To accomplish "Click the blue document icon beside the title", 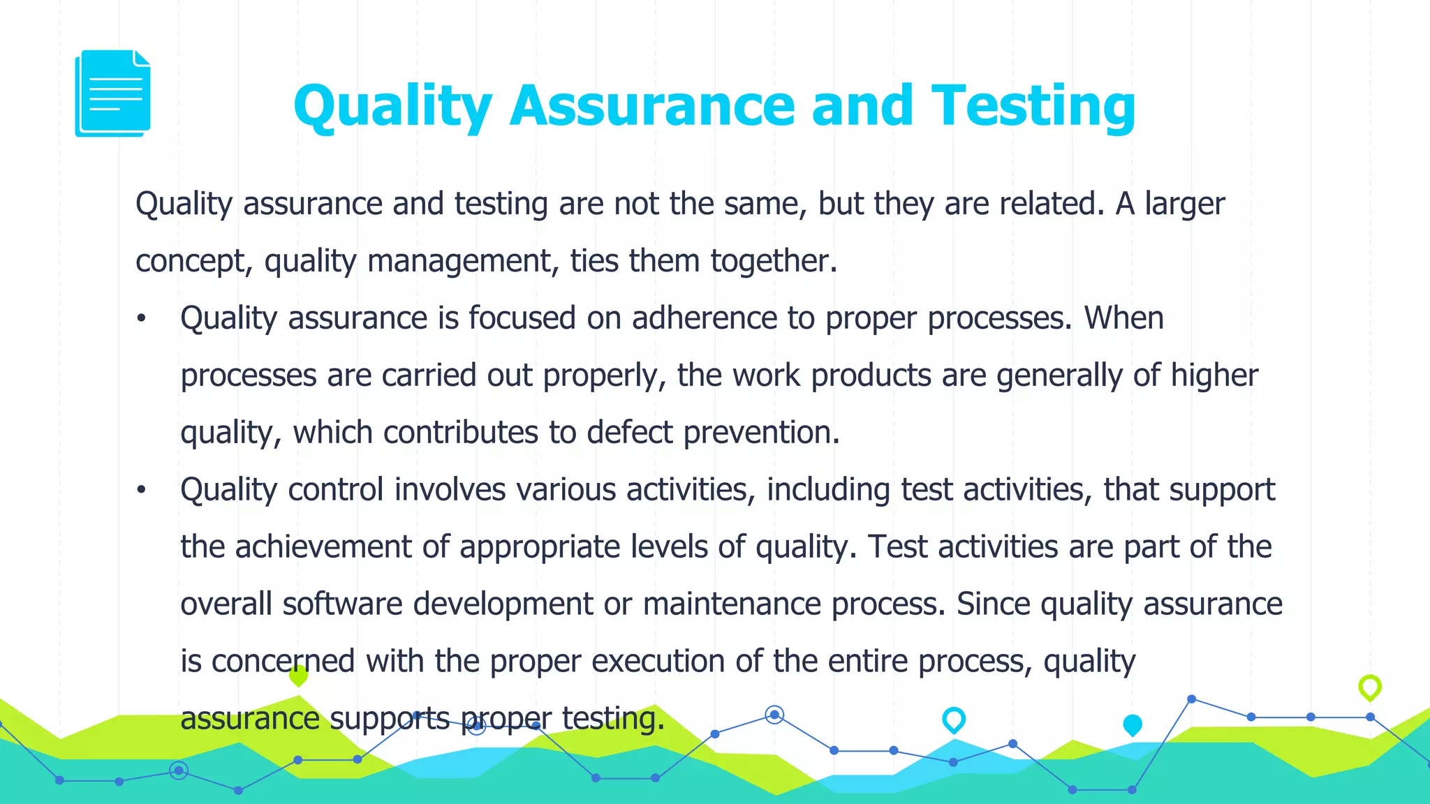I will [112, 93].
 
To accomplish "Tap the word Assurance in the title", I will [652, 106].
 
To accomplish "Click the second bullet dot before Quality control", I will [142, 491].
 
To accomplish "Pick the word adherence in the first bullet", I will [704, 318].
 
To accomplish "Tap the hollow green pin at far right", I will [1370, 687].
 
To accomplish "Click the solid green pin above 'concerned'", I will [298, 675].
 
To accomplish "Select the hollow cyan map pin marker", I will [954, 720].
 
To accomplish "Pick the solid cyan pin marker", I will [1133, 725].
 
